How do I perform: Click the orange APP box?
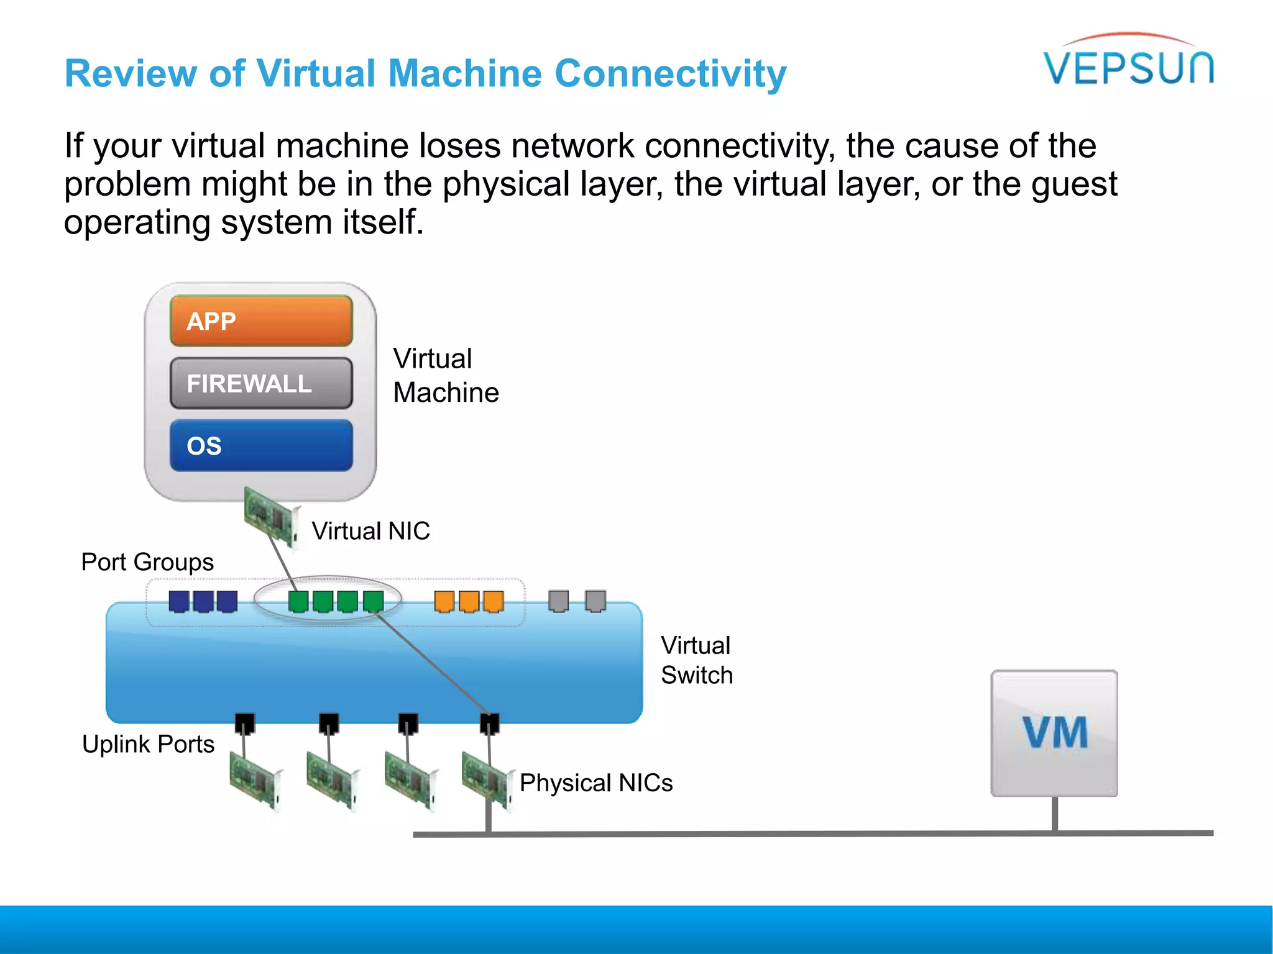tap(261, 321)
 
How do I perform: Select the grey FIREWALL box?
tap(261, 383)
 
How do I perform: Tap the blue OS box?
tap(261, 445)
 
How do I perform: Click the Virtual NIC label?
tap(370, 531)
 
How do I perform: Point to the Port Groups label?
tap(147, 562)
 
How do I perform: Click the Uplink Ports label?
tap(148, 744)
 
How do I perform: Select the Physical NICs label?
tap(595, 783)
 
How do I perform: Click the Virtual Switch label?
tap(696, 660)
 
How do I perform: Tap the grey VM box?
tap(1054, 733)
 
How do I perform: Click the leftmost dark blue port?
tap(179, 601)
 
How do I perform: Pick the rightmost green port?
tap(374, 601)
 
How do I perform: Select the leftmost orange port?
tap(444, 601)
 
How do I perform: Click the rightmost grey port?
tap(595, 601)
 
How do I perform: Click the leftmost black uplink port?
tap(245, 723)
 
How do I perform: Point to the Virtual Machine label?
tap(445, 375)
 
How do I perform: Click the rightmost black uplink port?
tap(490, 723)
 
